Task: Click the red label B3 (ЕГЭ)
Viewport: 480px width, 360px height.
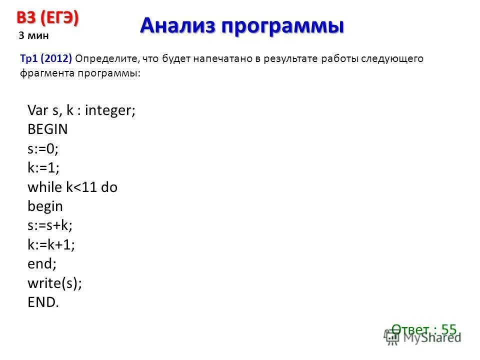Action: [48, 17]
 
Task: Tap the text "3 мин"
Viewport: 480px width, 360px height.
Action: [33, 35]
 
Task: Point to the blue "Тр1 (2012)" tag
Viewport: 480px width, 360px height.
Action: [46, 59]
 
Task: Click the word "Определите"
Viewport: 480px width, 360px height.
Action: [107, 59]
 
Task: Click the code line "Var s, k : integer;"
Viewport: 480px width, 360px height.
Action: [81, 110]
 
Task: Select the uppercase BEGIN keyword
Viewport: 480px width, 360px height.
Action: [47, 129]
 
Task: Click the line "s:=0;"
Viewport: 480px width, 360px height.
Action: [39, 148]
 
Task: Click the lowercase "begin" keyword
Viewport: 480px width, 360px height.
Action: [45, 206]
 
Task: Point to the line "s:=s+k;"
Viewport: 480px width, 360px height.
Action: [50, 225]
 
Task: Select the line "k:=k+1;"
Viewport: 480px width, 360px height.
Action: [51, 245]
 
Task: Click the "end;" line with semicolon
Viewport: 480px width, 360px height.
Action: [42, 264]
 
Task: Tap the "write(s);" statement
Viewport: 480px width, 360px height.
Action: [54, 283]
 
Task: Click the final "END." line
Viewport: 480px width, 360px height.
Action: [43, 302]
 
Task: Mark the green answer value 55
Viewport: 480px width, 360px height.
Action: [448, 329]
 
